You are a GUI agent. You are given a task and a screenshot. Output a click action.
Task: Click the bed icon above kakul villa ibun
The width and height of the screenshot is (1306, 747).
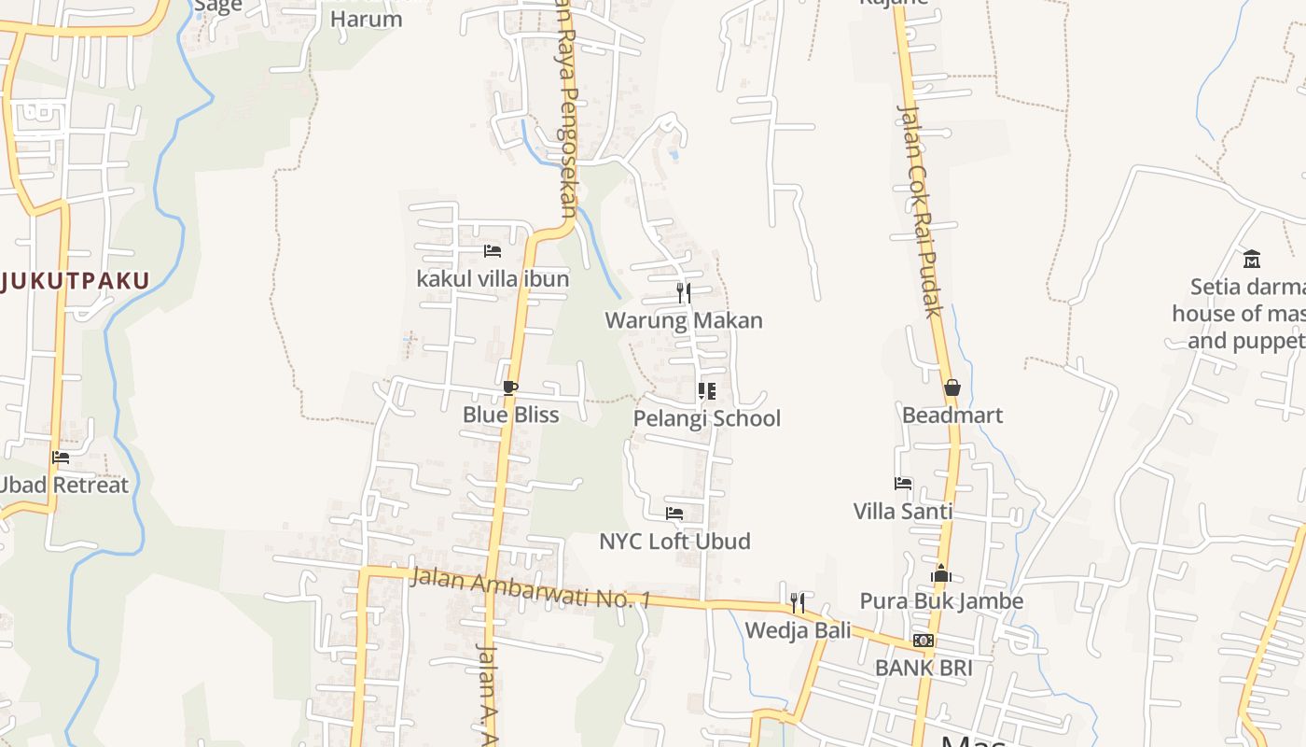click(493, 251)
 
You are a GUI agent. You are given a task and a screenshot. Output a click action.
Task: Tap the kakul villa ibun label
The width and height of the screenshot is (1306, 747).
click(493, 278)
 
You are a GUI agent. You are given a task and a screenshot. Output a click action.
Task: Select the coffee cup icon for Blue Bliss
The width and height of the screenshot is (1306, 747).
click(510, 388)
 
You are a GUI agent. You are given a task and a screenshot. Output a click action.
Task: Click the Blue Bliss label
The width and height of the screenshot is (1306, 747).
click(511, 415)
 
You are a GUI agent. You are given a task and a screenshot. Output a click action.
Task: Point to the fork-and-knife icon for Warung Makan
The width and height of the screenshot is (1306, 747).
click(684, 293)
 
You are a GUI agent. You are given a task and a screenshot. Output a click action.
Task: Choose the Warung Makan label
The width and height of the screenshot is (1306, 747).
click(684, 320)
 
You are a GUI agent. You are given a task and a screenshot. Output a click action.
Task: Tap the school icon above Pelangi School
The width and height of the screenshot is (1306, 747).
click(707, 390)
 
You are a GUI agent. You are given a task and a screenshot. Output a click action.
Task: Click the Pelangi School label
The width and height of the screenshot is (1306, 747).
click(707, 418)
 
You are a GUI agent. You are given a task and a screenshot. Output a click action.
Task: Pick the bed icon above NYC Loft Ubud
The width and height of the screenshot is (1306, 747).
click(674, 514)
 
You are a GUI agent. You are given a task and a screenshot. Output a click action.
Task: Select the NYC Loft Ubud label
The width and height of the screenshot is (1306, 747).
click(674, 542)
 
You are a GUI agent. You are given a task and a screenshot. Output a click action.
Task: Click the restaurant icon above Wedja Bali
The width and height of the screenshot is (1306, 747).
click(798, 602)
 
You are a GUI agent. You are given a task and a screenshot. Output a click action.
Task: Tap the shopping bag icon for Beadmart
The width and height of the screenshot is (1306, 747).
click(952, 388)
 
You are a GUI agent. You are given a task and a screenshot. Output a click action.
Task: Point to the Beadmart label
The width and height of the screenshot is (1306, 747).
click(952, 415)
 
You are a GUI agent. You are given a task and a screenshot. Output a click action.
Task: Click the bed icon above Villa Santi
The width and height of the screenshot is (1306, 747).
click(903, 484)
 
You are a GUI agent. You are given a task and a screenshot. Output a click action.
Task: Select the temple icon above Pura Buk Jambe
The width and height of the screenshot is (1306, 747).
click(941, 573)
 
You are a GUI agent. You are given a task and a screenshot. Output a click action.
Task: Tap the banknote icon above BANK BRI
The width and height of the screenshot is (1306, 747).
click(924, 641)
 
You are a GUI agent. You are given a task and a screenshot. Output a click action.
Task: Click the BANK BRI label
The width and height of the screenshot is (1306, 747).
click(924, 668)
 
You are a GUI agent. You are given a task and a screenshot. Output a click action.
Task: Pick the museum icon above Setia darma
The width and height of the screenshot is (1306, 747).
click(1252, 259)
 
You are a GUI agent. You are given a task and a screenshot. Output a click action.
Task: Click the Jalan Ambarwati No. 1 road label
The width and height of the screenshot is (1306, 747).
click(530, 589)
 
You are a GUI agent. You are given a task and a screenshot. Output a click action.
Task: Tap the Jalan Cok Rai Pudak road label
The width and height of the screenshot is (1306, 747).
click(921, 210)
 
